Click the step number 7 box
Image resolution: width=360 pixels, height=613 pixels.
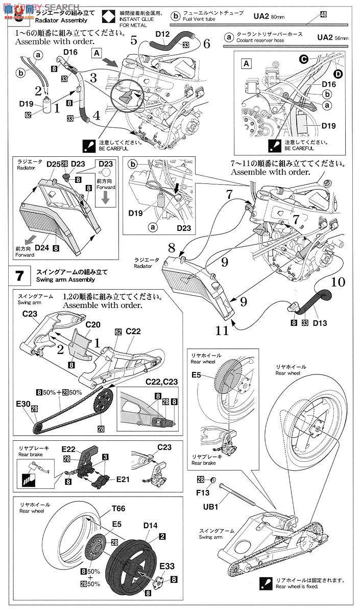tap(19, 276)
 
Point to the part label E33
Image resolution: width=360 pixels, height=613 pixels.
tap(147, 566)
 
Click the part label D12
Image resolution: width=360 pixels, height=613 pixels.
tap(162, 34)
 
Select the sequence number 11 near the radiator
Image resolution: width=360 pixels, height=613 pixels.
tap(222, 331)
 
